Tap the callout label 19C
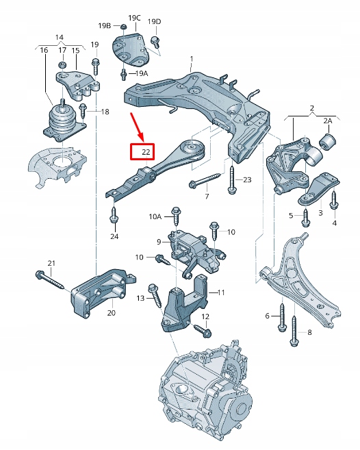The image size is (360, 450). point(134,17)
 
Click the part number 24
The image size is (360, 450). point(114,236)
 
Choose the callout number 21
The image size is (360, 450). point(51,264)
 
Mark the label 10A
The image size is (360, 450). point(155,216)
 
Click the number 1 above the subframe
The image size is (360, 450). point(192,58)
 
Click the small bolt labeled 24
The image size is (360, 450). point(114,217)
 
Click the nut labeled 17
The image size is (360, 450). point(62,65)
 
